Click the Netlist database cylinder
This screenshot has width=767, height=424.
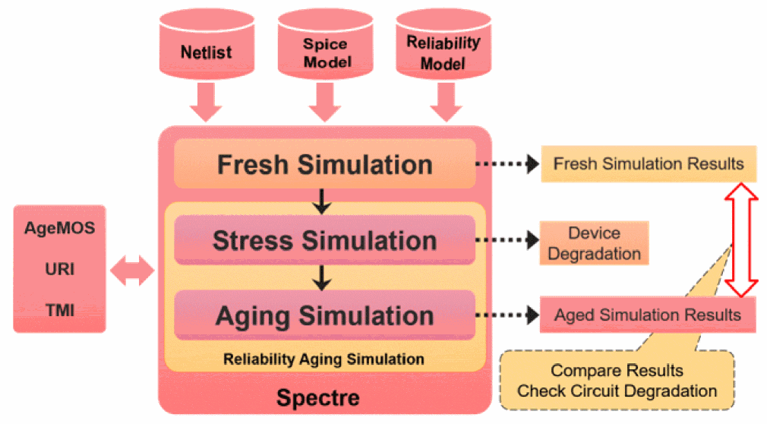tap(206, 47)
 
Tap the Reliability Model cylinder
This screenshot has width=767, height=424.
tap(442, 47)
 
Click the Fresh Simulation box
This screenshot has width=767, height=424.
tap(325, 164)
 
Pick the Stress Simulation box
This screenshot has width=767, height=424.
tap(325, 241)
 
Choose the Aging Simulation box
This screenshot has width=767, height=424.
tap(325, 315)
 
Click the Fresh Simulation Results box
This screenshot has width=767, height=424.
tap(648, 163)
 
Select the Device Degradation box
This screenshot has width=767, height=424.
tap(594, 243)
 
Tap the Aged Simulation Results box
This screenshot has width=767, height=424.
tap(648, 315)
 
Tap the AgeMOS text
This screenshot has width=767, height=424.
tap(59, 227)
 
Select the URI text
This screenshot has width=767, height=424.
tap(59, 269)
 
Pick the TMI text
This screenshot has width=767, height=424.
tap(59, 310)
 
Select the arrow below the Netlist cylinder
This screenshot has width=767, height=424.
tap(206, 101)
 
